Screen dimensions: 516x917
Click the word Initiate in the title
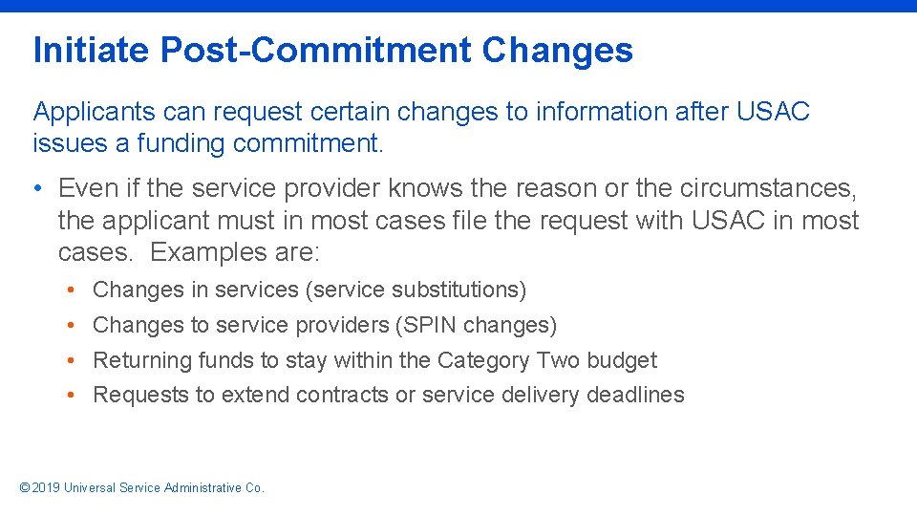[x=92, y=51]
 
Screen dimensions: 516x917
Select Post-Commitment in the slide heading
[x=316, y=51]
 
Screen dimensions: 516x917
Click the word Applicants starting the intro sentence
[x=94, y=112]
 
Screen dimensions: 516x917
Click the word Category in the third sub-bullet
[x=483, y=360]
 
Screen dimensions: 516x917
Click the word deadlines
[x=635, y=396]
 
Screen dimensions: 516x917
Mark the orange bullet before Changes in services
[x=73, y=290]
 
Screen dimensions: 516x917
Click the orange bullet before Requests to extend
[x=73, y=396]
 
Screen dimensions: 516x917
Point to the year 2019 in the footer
[x=46, y=488]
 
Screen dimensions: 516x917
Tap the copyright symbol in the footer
[x=25, y=488]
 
